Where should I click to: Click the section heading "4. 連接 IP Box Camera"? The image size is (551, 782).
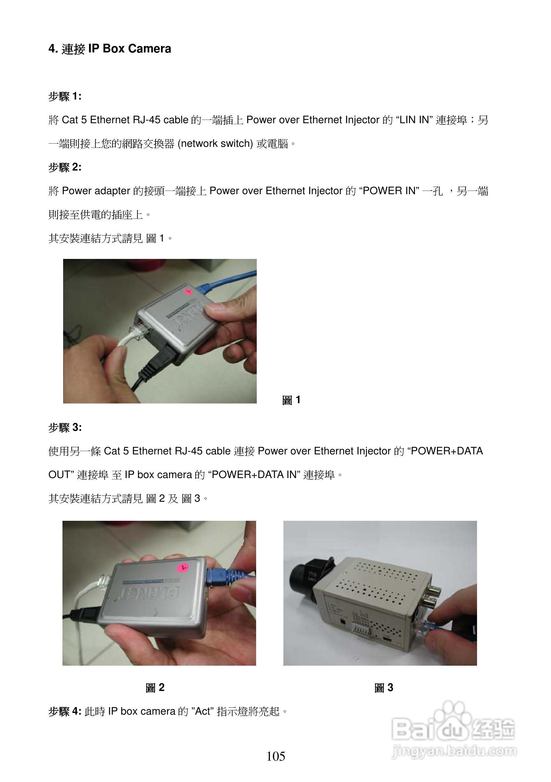click(109, 49)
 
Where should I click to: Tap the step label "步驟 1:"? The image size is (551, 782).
click(65, 96)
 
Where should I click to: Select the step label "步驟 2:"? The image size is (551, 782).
click(65, 167)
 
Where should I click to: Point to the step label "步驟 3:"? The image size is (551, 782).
click(65, 427)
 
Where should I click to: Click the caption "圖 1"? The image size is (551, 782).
click(291, 400)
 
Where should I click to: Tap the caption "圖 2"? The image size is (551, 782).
click(155, 688)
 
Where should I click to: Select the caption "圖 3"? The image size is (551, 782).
click(383, 688)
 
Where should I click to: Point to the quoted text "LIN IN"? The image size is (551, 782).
click(414, 120)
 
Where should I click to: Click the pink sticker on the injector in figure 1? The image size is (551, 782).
click(188, 291)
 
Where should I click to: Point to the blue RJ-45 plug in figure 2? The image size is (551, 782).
click(218, 576)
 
